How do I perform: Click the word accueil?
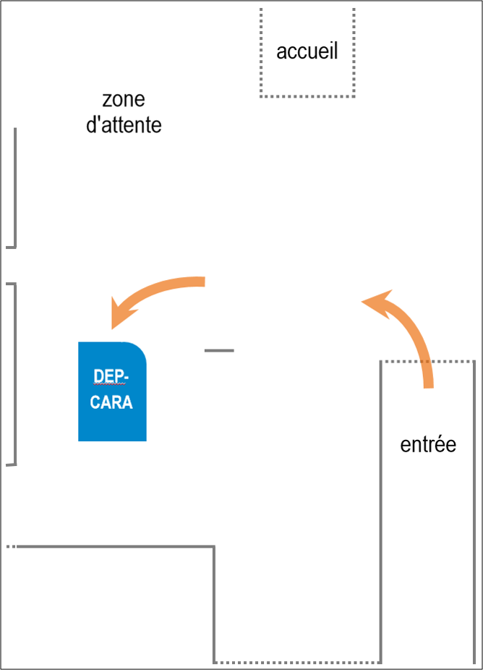[x=307, y=52]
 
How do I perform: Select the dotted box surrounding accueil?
[x=307, y=96]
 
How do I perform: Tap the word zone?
[x=124, y=99]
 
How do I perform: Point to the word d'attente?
[x=124, y=125]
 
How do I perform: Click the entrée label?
[x=428, y=444]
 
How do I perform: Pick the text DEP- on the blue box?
[x=111, y=376]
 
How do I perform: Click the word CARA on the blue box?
[x=111, y=402]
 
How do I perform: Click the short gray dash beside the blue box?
[x=219, y=351]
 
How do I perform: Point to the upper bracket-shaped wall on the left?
[x=14, y=188]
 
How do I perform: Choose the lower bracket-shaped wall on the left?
[x=14, y=373]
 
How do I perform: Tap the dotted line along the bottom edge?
[x=297, y=661]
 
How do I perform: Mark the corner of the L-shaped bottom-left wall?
[x=214, y=547]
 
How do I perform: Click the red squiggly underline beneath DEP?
[x=109, y=384]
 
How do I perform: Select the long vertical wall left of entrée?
[x=381, y=506]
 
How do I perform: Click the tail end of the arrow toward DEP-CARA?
[x=203, y=281]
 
